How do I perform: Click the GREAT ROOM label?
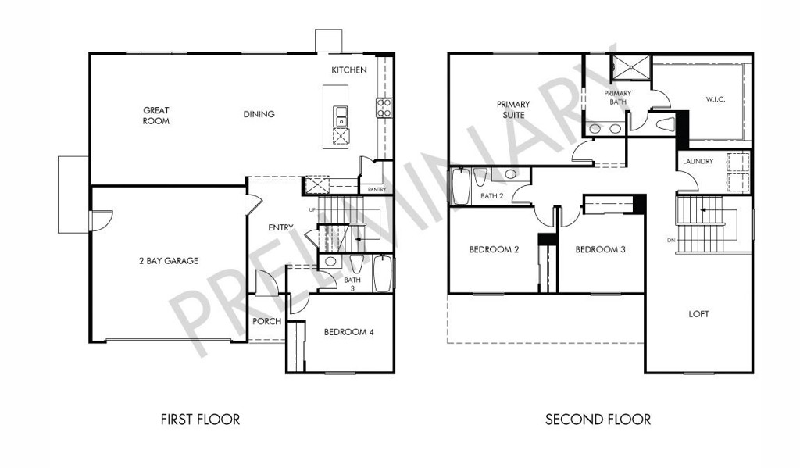(x=156, y=116)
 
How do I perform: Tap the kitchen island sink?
(x=341, y=116)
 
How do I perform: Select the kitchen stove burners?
(x=384, y=108)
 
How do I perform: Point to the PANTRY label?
(x=377, y=189)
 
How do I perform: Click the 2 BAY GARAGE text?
(x=169, y=261)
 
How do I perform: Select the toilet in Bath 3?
(x=356, y=263)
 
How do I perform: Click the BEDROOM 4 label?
(x=349, y=332)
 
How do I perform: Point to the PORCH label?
(x=267, y=321)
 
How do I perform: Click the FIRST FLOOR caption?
(x=200, y=420)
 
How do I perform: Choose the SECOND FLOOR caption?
(x=598, y=420)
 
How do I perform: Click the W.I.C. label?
(x=716, y=99)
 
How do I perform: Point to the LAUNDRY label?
(x=698, y=161)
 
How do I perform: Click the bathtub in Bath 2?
(x=461, y=186)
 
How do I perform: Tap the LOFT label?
(x=698, y=314)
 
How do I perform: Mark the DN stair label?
(x=670, y=240)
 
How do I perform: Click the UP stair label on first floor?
(x=312, y=209)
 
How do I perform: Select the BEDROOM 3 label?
(x=601, y=249)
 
